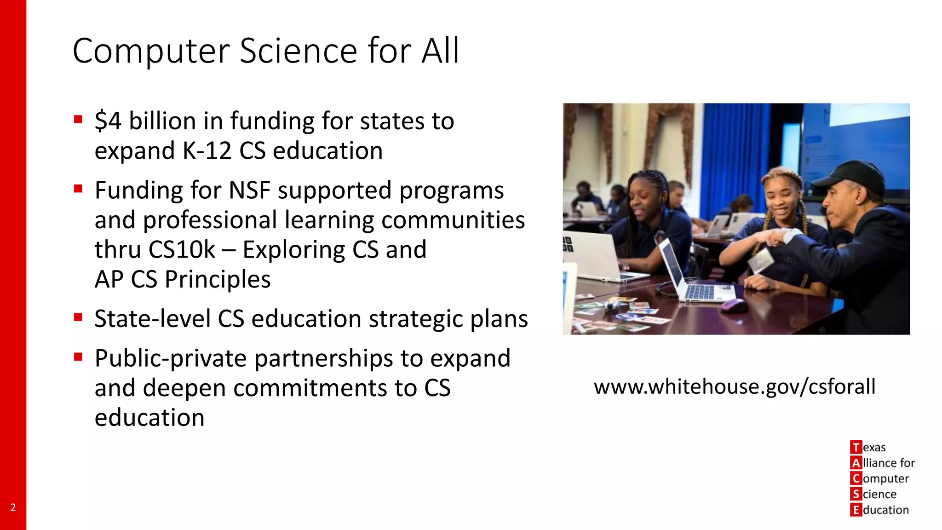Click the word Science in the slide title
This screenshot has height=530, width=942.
[298, 51]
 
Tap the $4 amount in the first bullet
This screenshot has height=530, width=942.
[108, 121]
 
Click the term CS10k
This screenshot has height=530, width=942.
[182, 250]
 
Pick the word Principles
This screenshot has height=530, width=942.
[218, 280]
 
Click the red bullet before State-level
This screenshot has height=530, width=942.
[78, 317]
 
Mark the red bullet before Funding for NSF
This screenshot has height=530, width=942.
[78, 189]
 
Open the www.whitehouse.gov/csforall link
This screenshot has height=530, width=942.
[735, 386]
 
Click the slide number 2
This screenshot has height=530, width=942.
[13, 507]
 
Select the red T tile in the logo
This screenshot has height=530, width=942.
[856, 447]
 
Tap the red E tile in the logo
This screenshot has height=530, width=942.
[856, 510]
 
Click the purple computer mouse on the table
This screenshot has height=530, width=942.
[734, 305]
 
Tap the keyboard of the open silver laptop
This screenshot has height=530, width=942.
[701, 292]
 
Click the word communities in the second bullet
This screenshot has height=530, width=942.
[453, 220]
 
